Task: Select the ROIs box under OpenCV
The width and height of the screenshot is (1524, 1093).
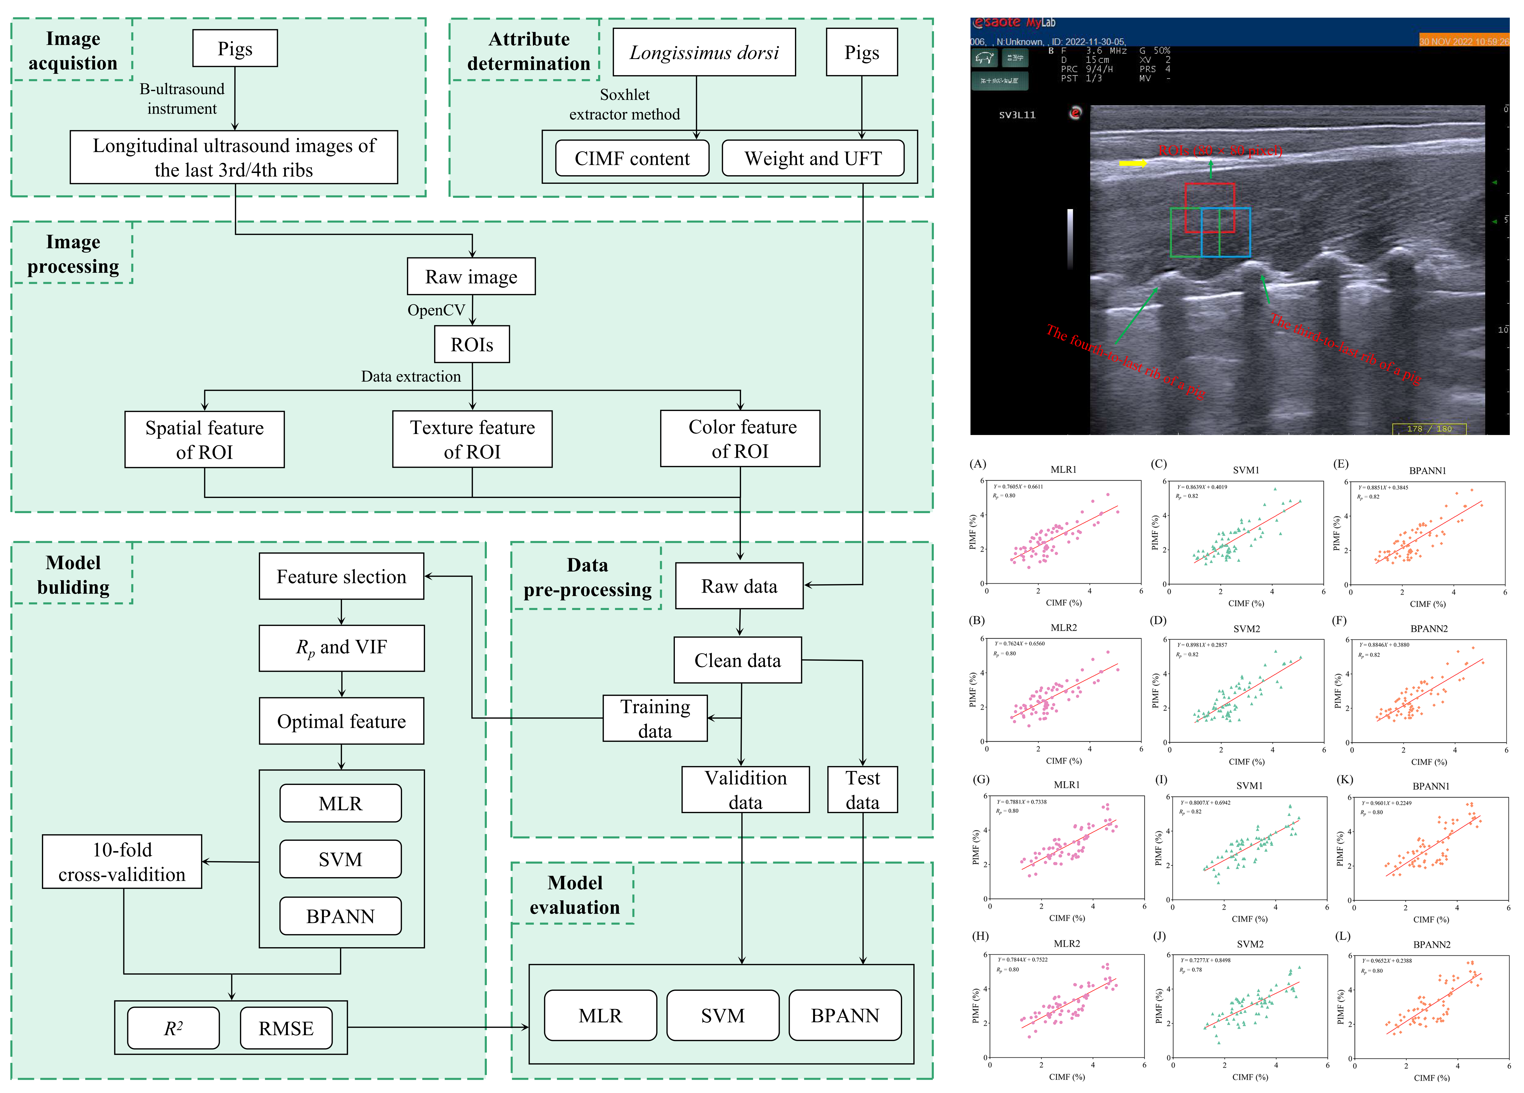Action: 472,345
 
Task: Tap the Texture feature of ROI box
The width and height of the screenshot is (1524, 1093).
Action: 472,439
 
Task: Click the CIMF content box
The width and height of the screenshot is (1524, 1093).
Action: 632,159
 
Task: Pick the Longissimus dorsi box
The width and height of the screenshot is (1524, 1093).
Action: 704,52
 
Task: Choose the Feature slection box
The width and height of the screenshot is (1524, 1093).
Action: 341,576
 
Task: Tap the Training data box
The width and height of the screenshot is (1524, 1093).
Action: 655,718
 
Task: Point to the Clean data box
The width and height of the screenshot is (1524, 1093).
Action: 738,660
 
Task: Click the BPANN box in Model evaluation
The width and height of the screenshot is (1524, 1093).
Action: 845,1016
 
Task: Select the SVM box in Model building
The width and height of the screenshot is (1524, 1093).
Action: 341,859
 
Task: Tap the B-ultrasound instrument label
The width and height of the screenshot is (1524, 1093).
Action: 182,99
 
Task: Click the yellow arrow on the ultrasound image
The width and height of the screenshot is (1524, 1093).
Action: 1132,163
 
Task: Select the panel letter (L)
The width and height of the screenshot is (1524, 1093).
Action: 1343,936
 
